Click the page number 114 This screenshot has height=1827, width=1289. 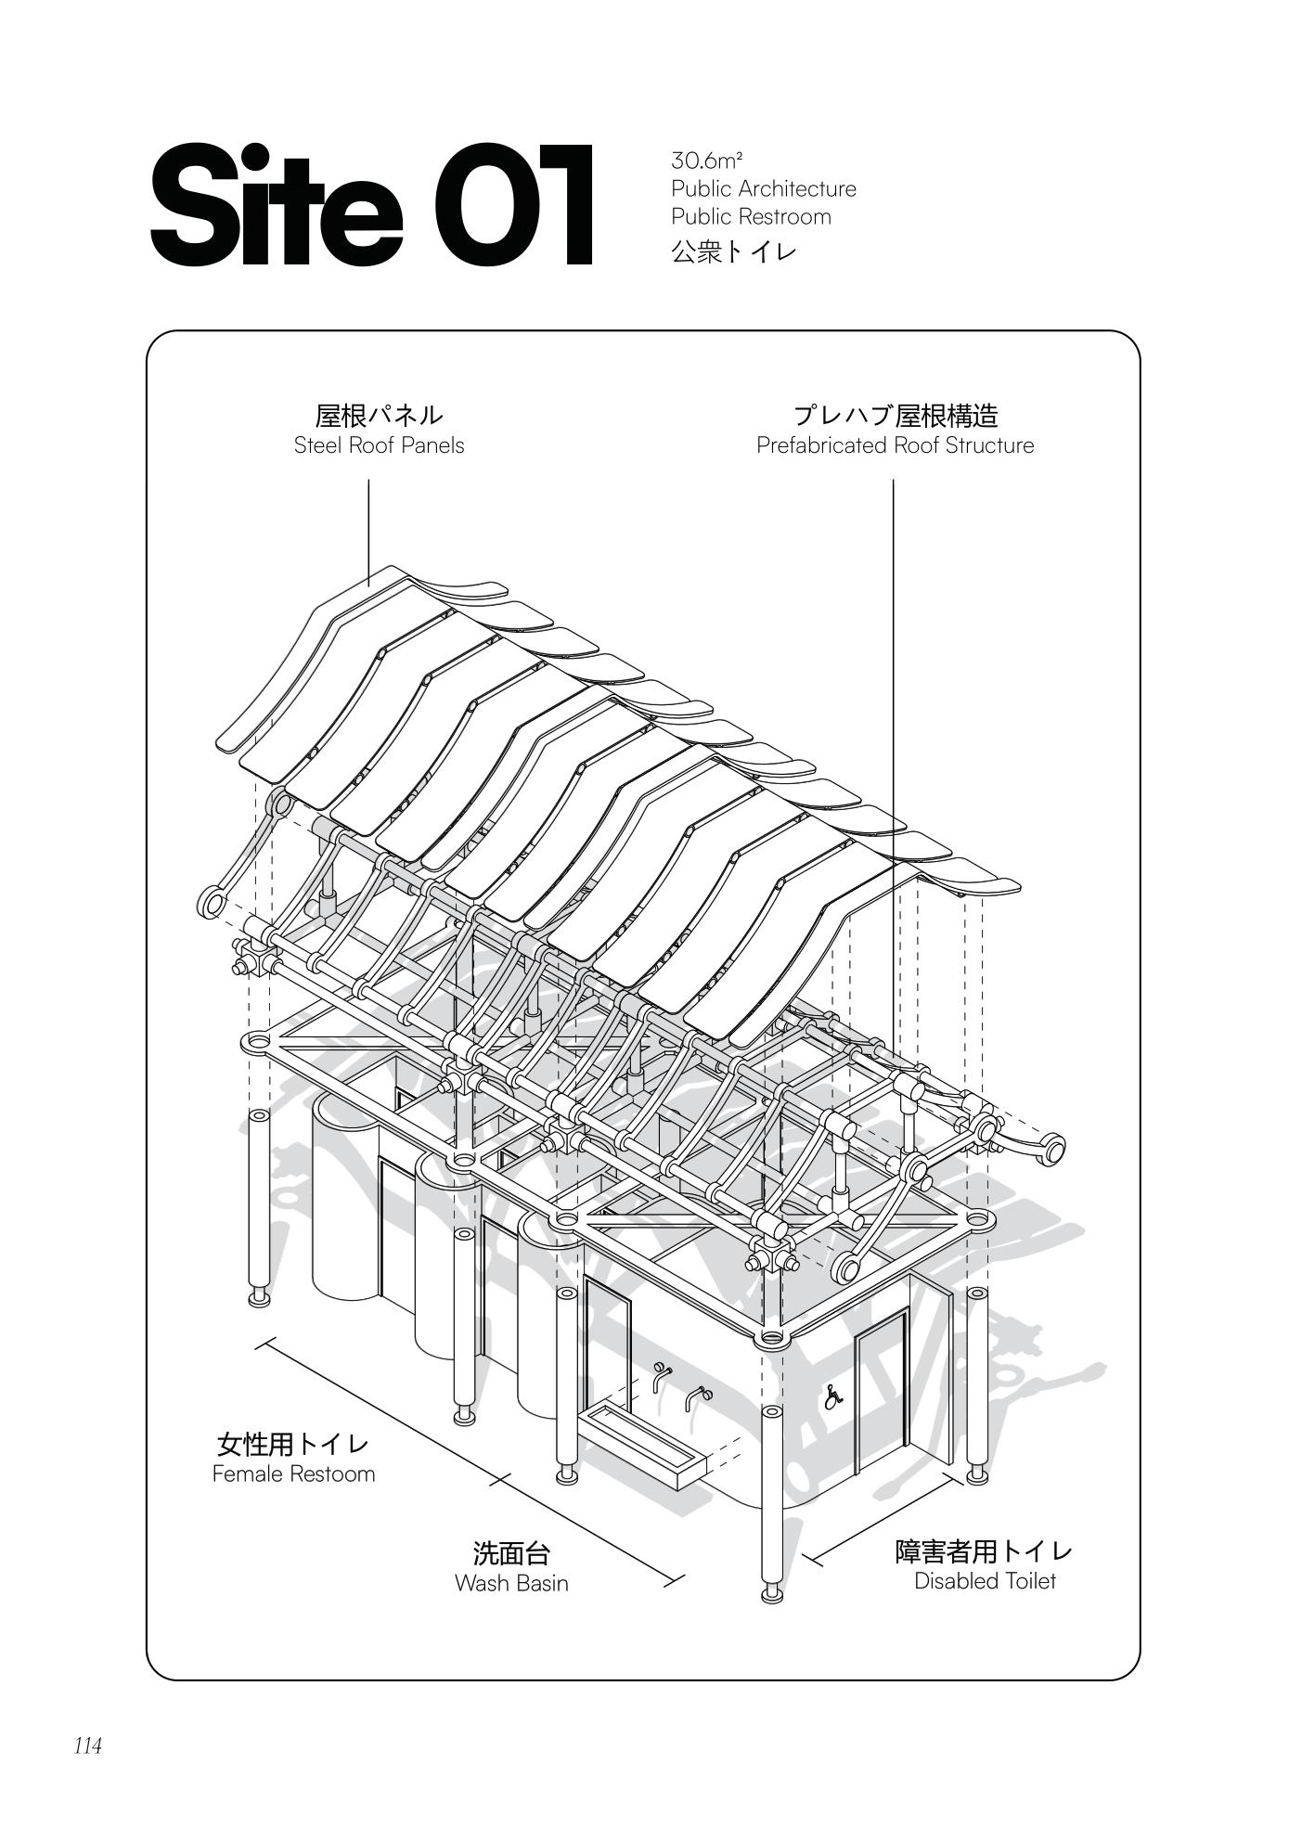(88, 1745)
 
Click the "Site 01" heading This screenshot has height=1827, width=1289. (371, 206)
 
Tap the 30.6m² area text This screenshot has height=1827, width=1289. (706, 161)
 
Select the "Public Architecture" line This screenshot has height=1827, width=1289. (763, 188)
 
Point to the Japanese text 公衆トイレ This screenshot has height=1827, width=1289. (733, 251)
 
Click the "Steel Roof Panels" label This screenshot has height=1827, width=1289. (379, 445)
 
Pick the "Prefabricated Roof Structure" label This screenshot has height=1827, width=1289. (894, 445)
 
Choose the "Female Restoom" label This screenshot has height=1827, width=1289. (293, 1473)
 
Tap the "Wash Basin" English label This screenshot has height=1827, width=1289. (511, 1583)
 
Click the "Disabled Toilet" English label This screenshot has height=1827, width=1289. (984, 1580)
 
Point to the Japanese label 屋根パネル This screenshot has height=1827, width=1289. (379, 415)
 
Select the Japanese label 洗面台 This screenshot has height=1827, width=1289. (511, 1552)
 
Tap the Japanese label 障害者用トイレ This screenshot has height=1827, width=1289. (984, 1550)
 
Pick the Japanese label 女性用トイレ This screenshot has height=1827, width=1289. (293, 1444)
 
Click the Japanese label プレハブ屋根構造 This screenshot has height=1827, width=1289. (894, 415)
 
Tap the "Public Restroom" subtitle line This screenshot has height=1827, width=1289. (751, 216)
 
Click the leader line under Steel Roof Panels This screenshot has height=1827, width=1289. (368, 529)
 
